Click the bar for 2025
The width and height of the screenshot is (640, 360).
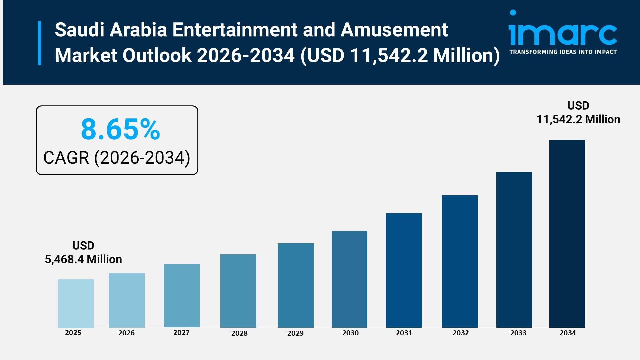pos(76,303)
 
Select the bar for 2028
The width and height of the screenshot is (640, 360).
pos(238,291)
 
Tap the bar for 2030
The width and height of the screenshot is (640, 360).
pos(349,279)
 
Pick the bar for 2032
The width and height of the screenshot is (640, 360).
pos(460,261)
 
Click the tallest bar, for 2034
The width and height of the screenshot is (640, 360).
pos(567,234)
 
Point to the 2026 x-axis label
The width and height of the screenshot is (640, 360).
pos(126,333)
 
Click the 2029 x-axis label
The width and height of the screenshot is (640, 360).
pos(295,333)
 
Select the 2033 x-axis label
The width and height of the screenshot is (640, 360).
pos(518,333)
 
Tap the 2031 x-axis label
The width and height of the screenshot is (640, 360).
pos(404,333)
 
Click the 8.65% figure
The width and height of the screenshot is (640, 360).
pos(120,129)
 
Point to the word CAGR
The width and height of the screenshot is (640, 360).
pos(66,158)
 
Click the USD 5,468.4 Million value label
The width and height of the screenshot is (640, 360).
pos(83,253)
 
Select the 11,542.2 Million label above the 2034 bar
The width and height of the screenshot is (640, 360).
pos(578,119)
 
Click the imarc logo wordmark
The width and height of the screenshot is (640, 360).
pos(563,33)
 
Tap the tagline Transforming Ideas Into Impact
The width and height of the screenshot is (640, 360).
pos(563,52)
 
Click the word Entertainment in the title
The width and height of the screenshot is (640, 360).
pos(235,30)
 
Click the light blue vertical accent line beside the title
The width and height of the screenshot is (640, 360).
pos(40,43)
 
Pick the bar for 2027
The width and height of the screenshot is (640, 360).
pos(181,296)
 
